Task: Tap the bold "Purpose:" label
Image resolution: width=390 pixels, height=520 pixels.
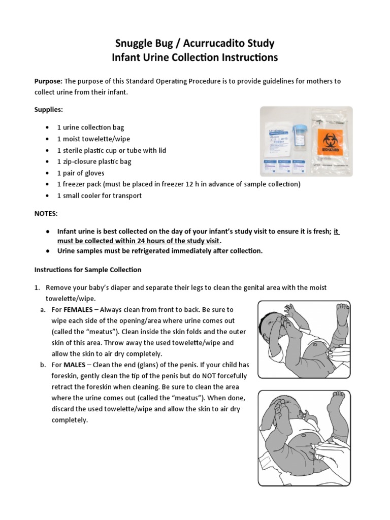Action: click(x=48, y=81)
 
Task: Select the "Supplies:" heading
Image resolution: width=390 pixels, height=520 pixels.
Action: click(x=48, y=110)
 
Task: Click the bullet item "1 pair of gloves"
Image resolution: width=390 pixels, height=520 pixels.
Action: click(x=81, y=173)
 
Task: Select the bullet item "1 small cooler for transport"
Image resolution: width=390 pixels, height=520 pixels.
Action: click(x=99, y=196)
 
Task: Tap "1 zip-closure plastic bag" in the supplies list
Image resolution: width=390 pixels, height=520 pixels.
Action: click(x=94, y=161)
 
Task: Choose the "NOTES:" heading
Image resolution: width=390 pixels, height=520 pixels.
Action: click(x=46, y=214)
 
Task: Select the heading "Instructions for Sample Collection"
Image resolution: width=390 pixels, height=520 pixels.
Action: click(x=87, y=269)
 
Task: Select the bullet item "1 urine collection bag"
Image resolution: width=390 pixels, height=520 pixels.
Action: click(x=90, y=127)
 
